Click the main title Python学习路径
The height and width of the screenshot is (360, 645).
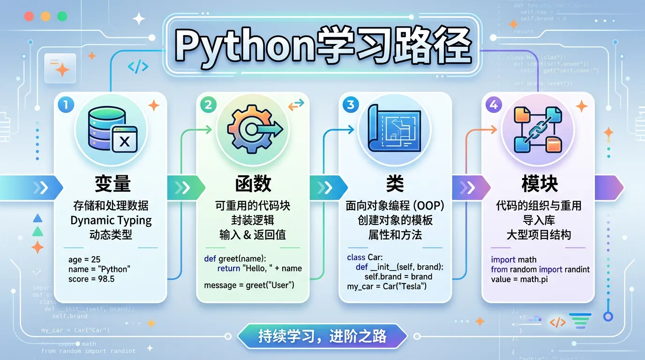click(322, 45)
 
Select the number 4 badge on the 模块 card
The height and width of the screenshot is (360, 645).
click(493, 105)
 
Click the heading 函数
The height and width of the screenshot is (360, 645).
click(253, 184)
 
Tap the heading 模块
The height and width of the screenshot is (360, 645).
click(540, 184)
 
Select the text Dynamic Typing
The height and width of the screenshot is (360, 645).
click(111, 220)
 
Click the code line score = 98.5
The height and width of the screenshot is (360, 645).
click(91, 279)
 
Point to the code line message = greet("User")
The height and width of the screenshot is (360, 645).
click(249, 285)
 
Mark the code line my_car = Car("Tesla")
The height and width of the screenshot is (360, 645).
click(387, 286)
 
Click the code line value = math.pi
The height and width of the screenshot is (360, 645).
click(519, 279)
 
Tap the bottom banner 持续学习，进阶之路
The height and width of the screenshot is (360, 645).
click(322, 336)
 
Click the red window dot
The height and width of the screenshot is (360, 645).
click(29, 16)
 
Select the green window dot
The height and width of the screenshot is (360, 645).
click(62, 16)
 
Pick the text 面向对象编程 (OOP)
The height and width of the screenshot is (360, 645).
click(395, 206)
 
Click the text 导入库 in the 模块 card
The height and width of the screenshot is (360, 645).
click(539, 220)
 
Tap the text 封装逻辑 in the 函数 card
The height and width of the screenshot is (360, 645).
click(253, 220)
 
